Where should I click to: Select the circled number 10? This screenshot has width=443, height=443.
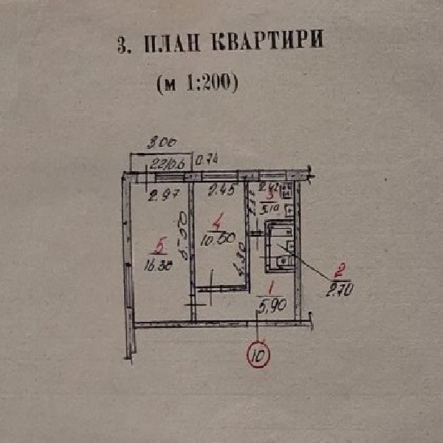click(x=258, y=356)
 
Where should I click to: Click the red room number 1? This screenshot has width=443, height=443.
click(x=270, y=289)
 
